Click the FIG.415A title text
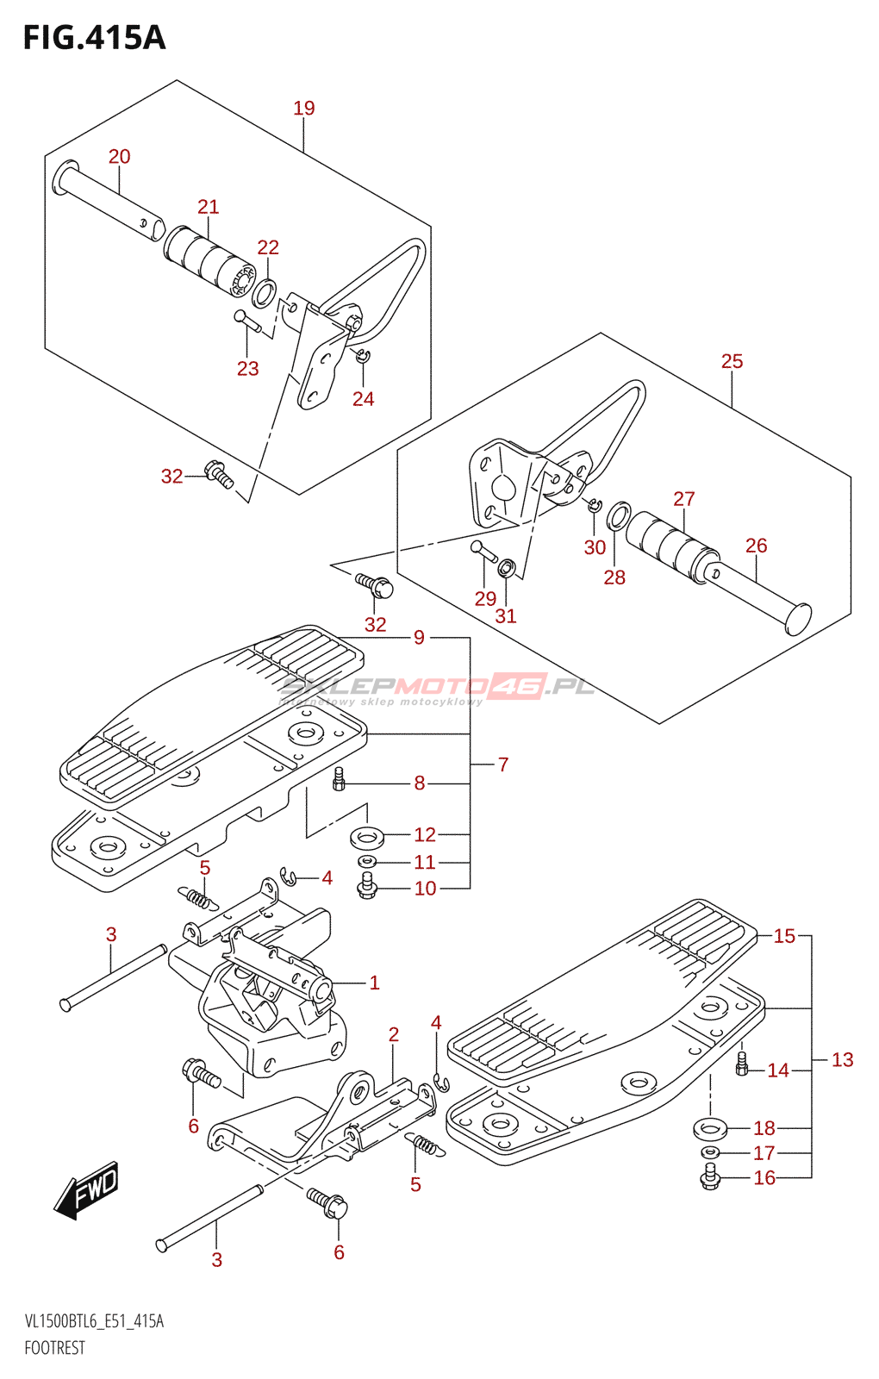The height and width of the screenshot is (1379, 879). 94,38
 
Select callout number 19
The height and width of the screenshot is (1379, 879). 304,109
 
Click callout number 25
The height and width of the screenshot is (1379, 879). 732,361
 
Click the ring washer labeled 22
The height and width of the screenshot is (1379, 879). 265,293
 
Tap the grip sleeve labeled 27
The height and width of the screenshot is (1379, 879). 672,546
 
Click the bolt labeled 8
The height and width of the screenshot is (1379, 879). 339,779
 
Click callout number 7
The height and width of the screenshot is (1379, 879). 503,764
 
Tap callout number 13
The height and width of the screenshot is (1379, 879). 843,1060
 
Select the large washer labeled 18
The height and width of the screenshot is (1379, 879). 710,1129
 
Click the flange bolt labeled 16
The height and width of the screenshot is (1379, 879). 710,1176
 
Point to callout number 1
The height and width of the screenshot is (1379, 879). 374,983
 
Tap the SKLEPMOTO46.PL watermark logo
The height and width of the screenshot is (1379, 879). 437,689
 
